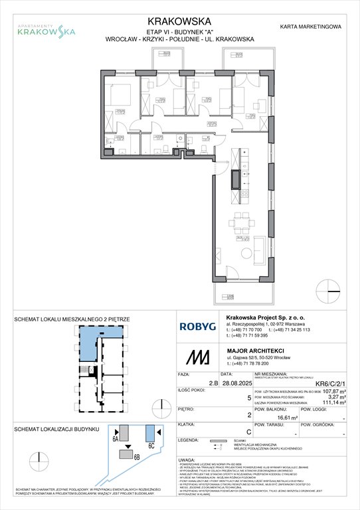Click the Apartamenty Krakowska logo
point(46,29)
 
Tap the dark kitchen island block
point(235,179)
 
